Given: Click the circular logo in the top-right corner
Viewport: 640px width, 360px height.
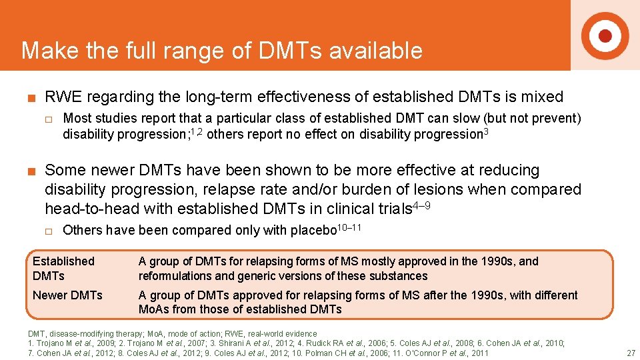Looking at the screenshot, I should coord(605,35).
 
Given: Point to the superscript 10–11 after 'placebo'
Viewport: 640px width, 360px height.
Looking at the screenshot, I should coord(350,227).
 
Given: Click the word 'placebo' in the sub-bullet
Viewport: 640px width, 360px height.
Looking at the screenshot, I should coord(315,231).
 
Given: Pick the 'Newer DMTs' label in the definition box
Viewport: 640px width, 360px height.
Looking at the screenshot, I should coord(67,295).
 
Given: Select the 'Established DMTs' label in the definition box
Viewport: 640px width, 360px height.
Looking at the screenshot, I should coord(63,268).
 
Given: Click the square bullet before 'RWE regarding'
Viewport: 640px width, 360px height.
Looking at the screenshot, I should coord(31,98).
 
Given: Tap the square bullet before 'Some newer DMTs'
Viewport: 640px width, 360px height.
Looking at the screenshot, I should coord(31,171).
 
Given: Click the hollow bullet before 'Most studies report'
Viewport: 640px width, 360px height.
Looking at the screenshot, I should coord(48,119).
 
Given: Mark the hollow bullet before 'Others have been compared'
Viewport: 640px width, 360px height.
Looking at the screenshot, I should coord(48,231).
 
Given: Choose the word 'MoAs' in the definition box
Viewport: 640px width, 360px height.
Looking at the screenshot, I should coord(153,309).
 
